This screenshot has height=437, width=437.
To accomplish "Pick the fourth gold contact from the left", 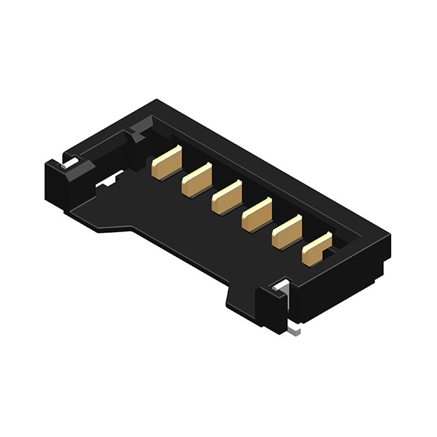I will (x=256, y=213).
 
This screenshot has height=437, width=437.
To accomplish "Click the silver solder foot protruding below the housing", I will (x=294, y=331).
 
